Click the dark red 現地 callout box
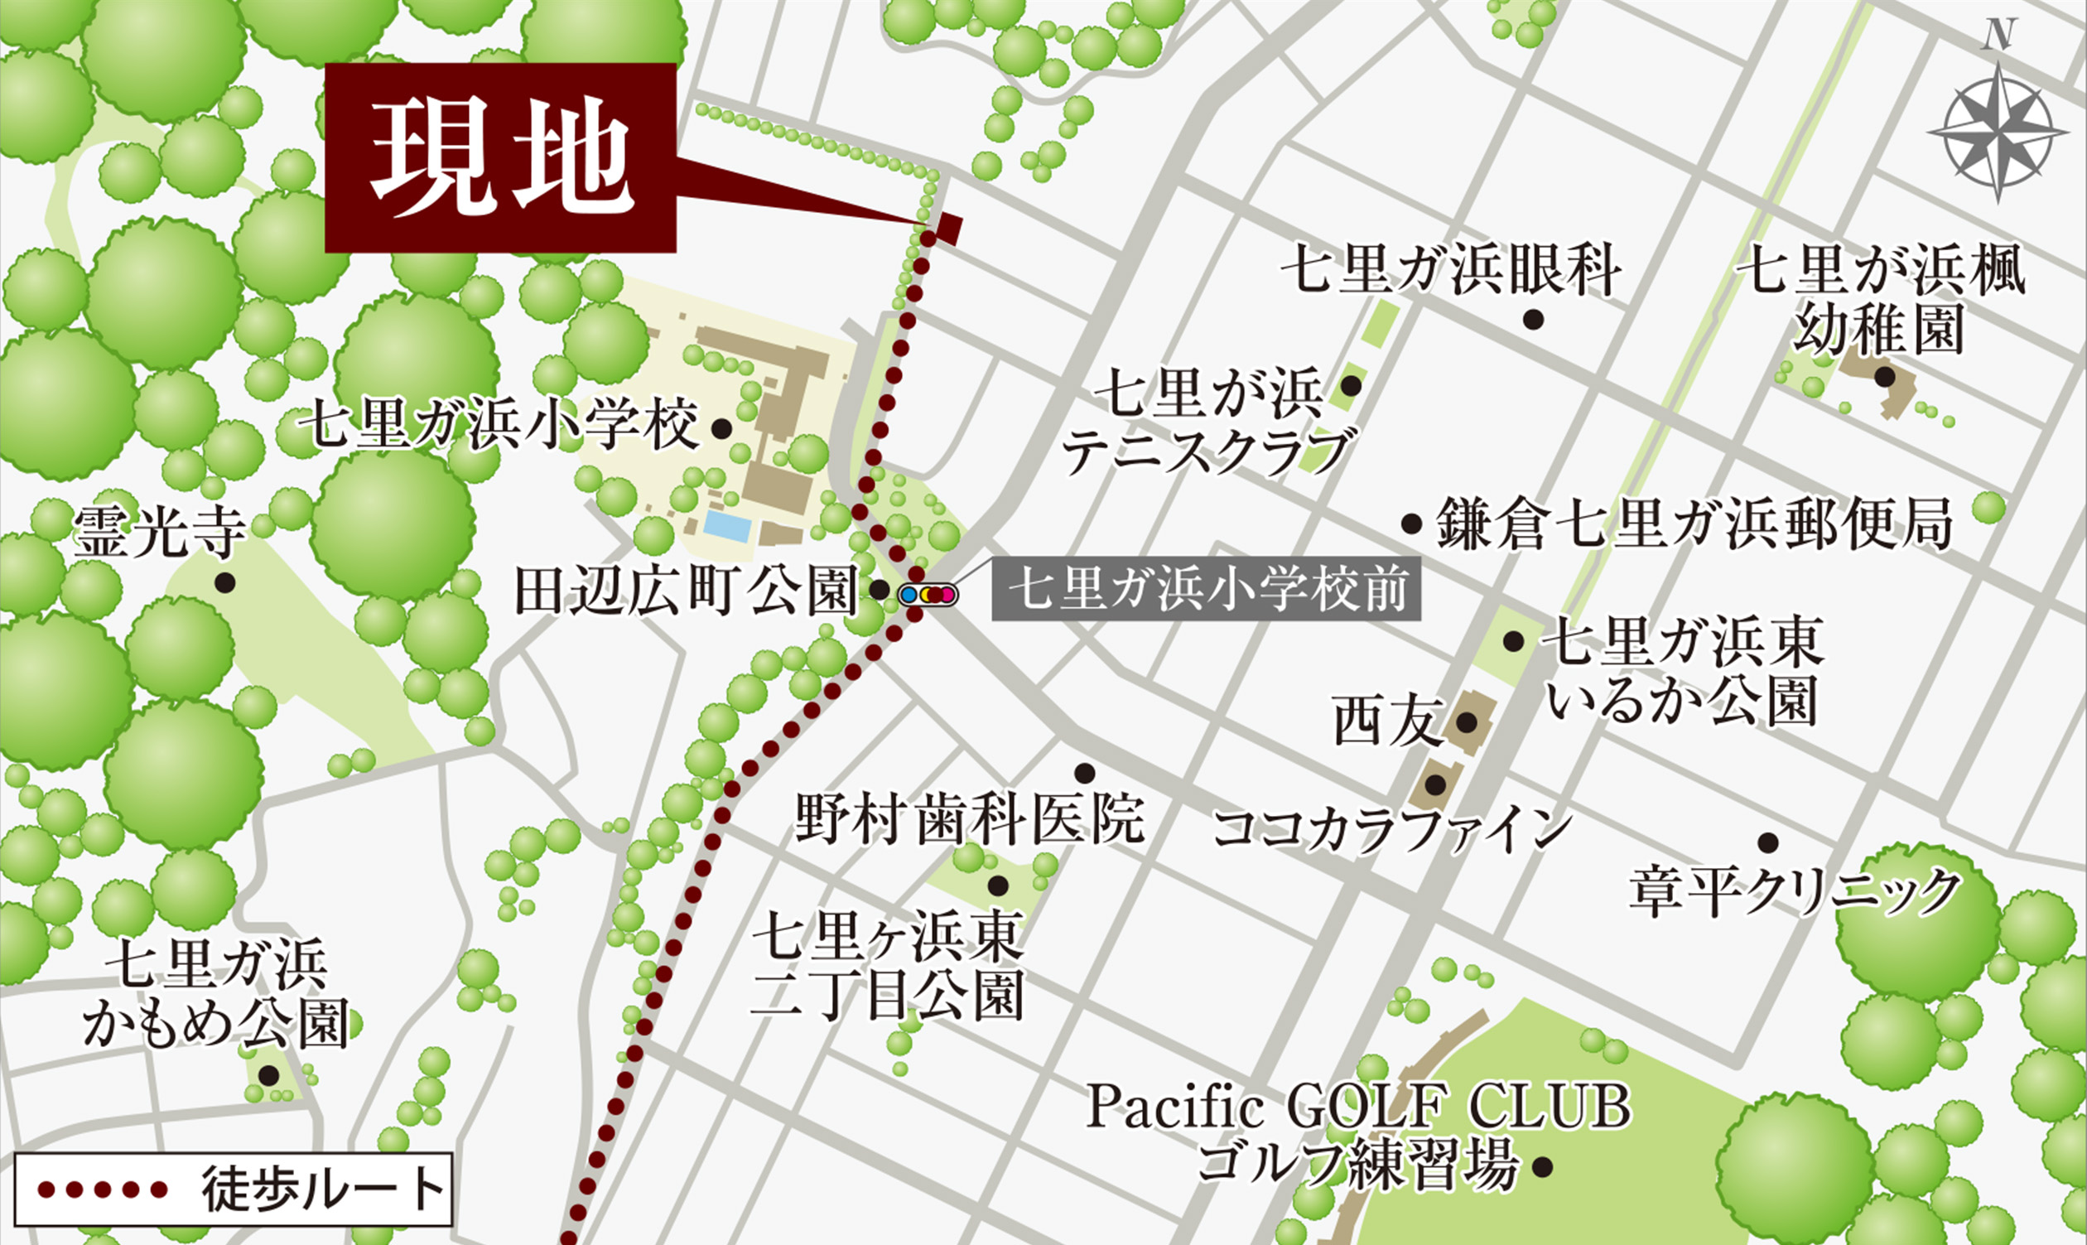tap(500, 157)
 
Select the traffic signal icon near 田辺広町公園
tap(927, 594)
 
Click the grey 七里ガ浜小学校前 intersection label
tap(1205, 589)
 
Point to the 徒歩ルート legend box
tap(234, 1189)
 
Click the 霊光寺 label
tap(159, 533)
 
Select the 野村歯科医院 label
tap(970, 820)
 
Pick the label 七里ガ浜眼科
tap(1450, 270)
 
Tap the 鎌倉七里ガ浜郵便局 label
tap(1694, 524)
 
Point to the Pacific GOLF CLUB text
tap(1358, 1107)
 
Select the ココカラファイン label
tap(1391, 828)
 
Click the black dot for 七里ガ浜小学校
tap(719, 430)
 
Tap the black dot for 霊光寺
tap(224, 582)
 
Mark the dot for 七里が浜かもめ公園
tap(268, 1074)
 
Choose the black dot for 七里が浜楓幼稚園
tap(1885, 378)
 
